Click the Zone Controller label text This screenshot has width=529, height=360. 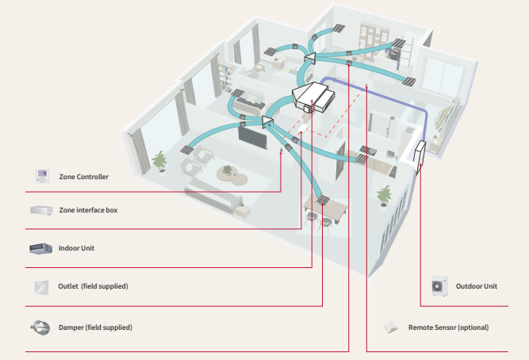(83, 176)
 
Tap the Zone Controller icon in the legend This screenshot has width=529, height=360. (40, 175)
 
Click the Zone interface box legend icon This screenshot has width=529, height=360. (40, 210)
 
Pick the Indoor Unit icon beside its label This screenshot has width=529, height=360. (40, 248)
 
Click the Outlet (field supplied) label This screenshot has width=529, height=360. (93, 285)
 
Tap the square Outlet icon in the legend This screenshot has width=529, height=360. (40, 286)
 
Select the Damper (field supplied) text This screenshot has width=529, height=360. (95, 327)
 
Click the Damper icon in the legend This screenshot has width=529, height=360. (40, 327)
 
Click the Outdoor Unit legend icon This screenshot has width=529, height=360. (439, 286)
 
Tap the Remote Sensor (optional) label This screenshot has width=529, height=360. (448, 327)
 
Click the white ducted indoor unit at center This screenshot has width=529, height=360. (314, 98)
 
